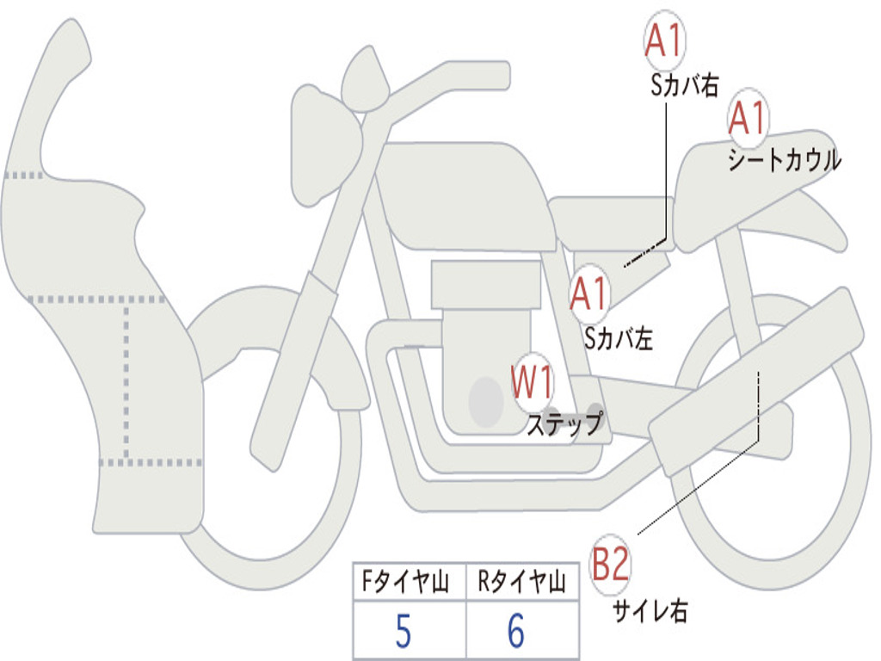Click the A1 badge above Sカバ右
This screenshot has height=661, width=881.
[x=664, y=40]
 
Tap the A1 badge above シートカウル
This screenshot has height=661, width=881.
[x=748, y=118]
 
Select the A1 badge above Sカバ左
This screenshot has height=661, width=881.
[x=589, y=293]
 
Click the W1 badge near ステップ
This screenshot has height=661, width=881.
[x=532, y=382]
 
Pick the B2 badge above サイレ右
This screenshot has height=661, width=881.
[x=610, y=564]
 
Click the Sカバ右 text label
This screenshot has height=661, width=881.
[x=684, y=85]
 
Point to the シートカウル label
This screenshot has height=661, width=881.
[x=785, y=159]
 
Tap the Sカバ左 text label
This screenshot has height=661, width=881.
[x=619, y=338]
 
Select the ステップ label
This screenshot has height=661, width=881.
[x=565, y=423]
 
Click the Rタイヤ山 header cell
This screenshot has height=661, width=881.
[x=522, y=581]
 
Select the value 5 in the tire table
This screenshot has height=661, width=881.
[x=404, y=631]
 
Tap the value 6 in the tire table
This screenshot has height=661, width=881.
[x=516, y=631]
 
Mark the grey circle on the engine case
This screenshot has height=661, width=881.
[x=486, y=402]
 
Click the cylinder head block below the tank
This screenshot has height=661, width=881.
[x=487, y=285]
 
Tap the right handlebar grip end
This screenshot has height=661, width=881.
[x=503, y=76]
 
